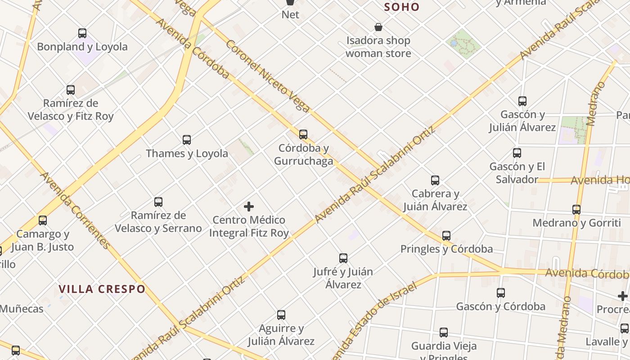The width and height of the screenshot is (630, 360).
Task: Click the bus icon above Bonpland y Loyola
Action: click(82, 33)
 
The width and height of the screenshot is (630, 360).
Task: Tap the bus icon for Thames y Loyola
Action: click(187, 140)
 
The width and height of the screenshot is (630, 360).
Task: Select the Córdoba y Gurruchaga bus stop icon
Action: click(303, 135)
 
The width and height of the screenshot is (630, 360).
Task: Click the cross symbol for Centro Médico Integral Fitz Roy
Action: click(249, 207)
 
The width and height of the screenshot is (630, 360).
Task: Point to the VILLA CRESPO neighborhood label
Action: click(102, 289)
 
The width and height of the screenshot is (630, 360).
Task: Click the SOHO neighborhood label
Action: click(402, 7)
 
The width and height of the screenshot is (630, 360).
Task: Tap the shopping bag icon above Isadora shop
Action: click(378, 27)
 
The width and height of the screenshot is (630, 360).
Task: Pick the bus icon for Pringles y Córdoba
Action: click(446, 235)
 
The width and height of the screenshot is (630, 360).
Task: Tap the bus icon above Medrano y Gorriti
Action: click(576, 209)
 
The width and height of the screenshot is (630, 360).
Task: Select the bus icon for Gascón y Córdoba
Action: click(501, 293)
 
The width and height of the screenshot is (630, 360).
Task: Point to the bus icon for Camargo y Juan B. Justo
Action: click(43, 220)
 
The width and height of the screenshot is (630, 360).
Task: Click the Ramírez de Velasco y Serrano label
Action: click(158, 222)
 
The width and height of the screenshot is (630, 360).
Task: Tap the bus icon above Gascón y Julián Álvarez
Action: click(522, 101)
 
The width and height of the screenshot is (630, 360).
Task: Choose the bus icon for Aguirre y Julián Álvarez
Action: click(281, 315)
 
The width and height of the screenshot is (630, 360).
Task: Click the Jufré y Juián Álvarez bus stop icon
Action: click(343, 258)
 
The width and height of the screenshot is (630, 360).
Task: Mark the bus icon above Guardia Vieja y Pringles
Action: click(444, 333)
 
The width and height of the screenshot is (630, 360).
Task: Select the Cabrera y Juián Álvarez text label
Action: click(435, 200)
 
